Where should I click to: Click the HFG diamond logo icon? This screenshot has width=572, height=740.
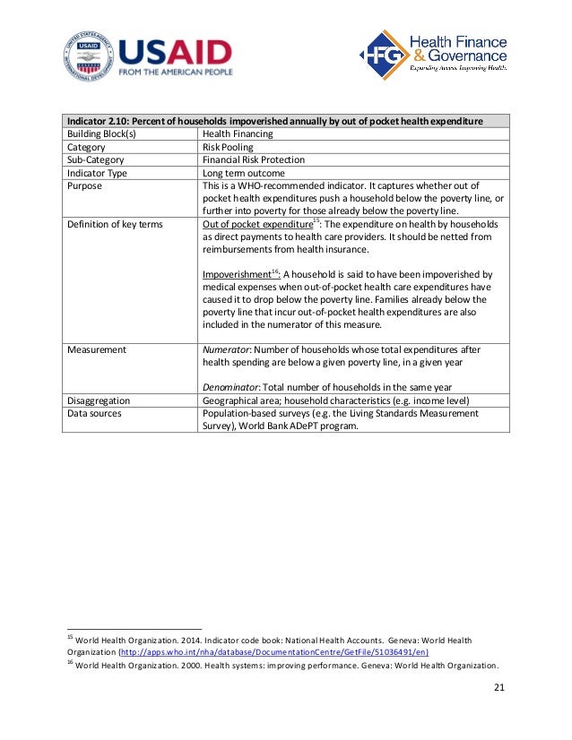(x=381, y=55)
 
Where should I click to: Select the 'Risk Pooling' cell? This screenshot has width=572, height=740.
(x=228, y=147)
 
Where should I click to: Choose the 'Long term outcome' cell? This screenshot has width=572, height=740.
(x=244, y=173)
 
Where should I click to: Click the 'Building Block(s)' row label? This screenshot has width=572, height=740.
(x=101, y=133)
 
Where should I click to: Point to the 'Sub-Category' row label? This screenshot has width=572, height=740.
(x=96, y=159)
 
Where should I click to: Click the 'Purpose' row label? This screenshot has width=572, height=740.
(x=85, y=185)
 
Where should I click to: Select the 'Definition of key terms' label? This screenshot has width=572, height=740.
(x=115, y=224)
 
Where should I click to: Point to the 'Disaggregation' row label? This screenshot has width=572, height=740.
(x=100, y=400)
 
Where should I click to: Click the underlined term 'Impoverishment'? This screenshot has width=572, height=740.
(x=237, y=274)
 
